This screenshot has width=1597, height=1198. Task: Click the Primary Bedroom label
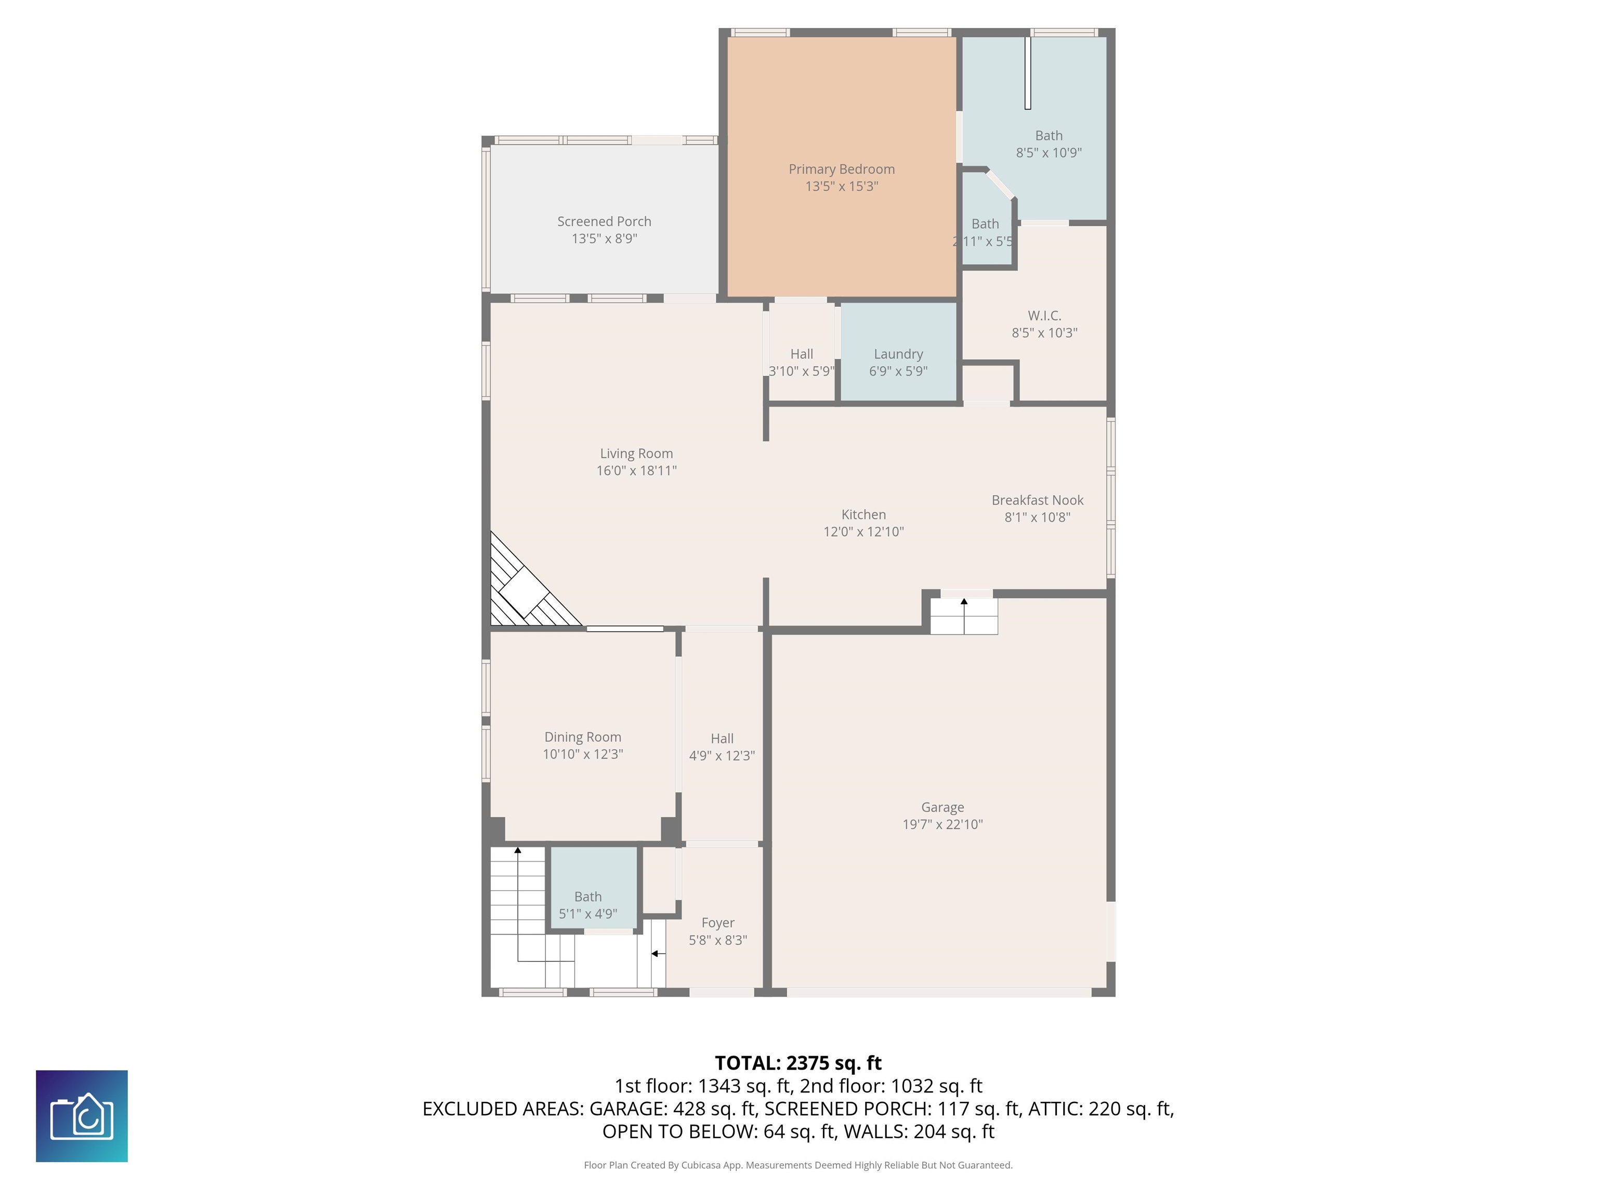[841, 169]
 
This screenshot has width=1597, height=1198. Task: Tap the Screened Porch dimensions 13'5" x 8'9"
[604, 238]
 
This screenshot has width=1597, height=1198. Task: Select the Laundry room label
[898, 354]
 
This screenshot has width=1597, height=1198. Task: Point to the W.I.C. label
[1044, 316]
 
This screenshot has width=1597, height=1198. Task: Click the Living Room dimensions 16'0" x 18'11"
[636, 471]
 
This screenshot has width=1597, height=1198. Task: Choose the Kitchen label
[863, 514]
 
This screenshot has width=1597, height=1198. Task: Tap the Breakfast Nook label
[1038, 500]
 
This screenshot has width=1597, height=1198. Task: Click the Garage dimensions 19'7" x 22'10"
[942, 824]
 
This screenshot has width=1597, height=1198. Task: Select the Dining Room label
[583, 737]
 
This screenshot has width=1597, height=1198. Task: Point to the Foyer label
[717, 923]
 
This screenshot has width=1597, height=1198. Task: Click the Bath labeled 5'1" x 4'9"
[587, 896]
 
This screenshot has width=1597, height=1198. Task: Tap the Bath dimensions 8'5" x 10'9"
[1049, 152]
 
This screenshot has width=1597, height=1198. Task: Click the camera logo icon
[82, 1116]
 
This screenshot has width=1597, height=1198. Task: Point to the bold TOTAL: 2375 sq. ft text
[798, 1063]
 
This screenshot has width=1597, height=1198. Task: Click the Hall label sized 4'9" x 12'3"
[722, 738]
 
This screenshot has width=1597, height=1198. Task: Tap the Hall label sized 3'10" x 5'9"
[802, 354]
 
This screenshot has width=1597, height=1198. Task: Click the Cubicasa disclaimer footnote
[798, 1165]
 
